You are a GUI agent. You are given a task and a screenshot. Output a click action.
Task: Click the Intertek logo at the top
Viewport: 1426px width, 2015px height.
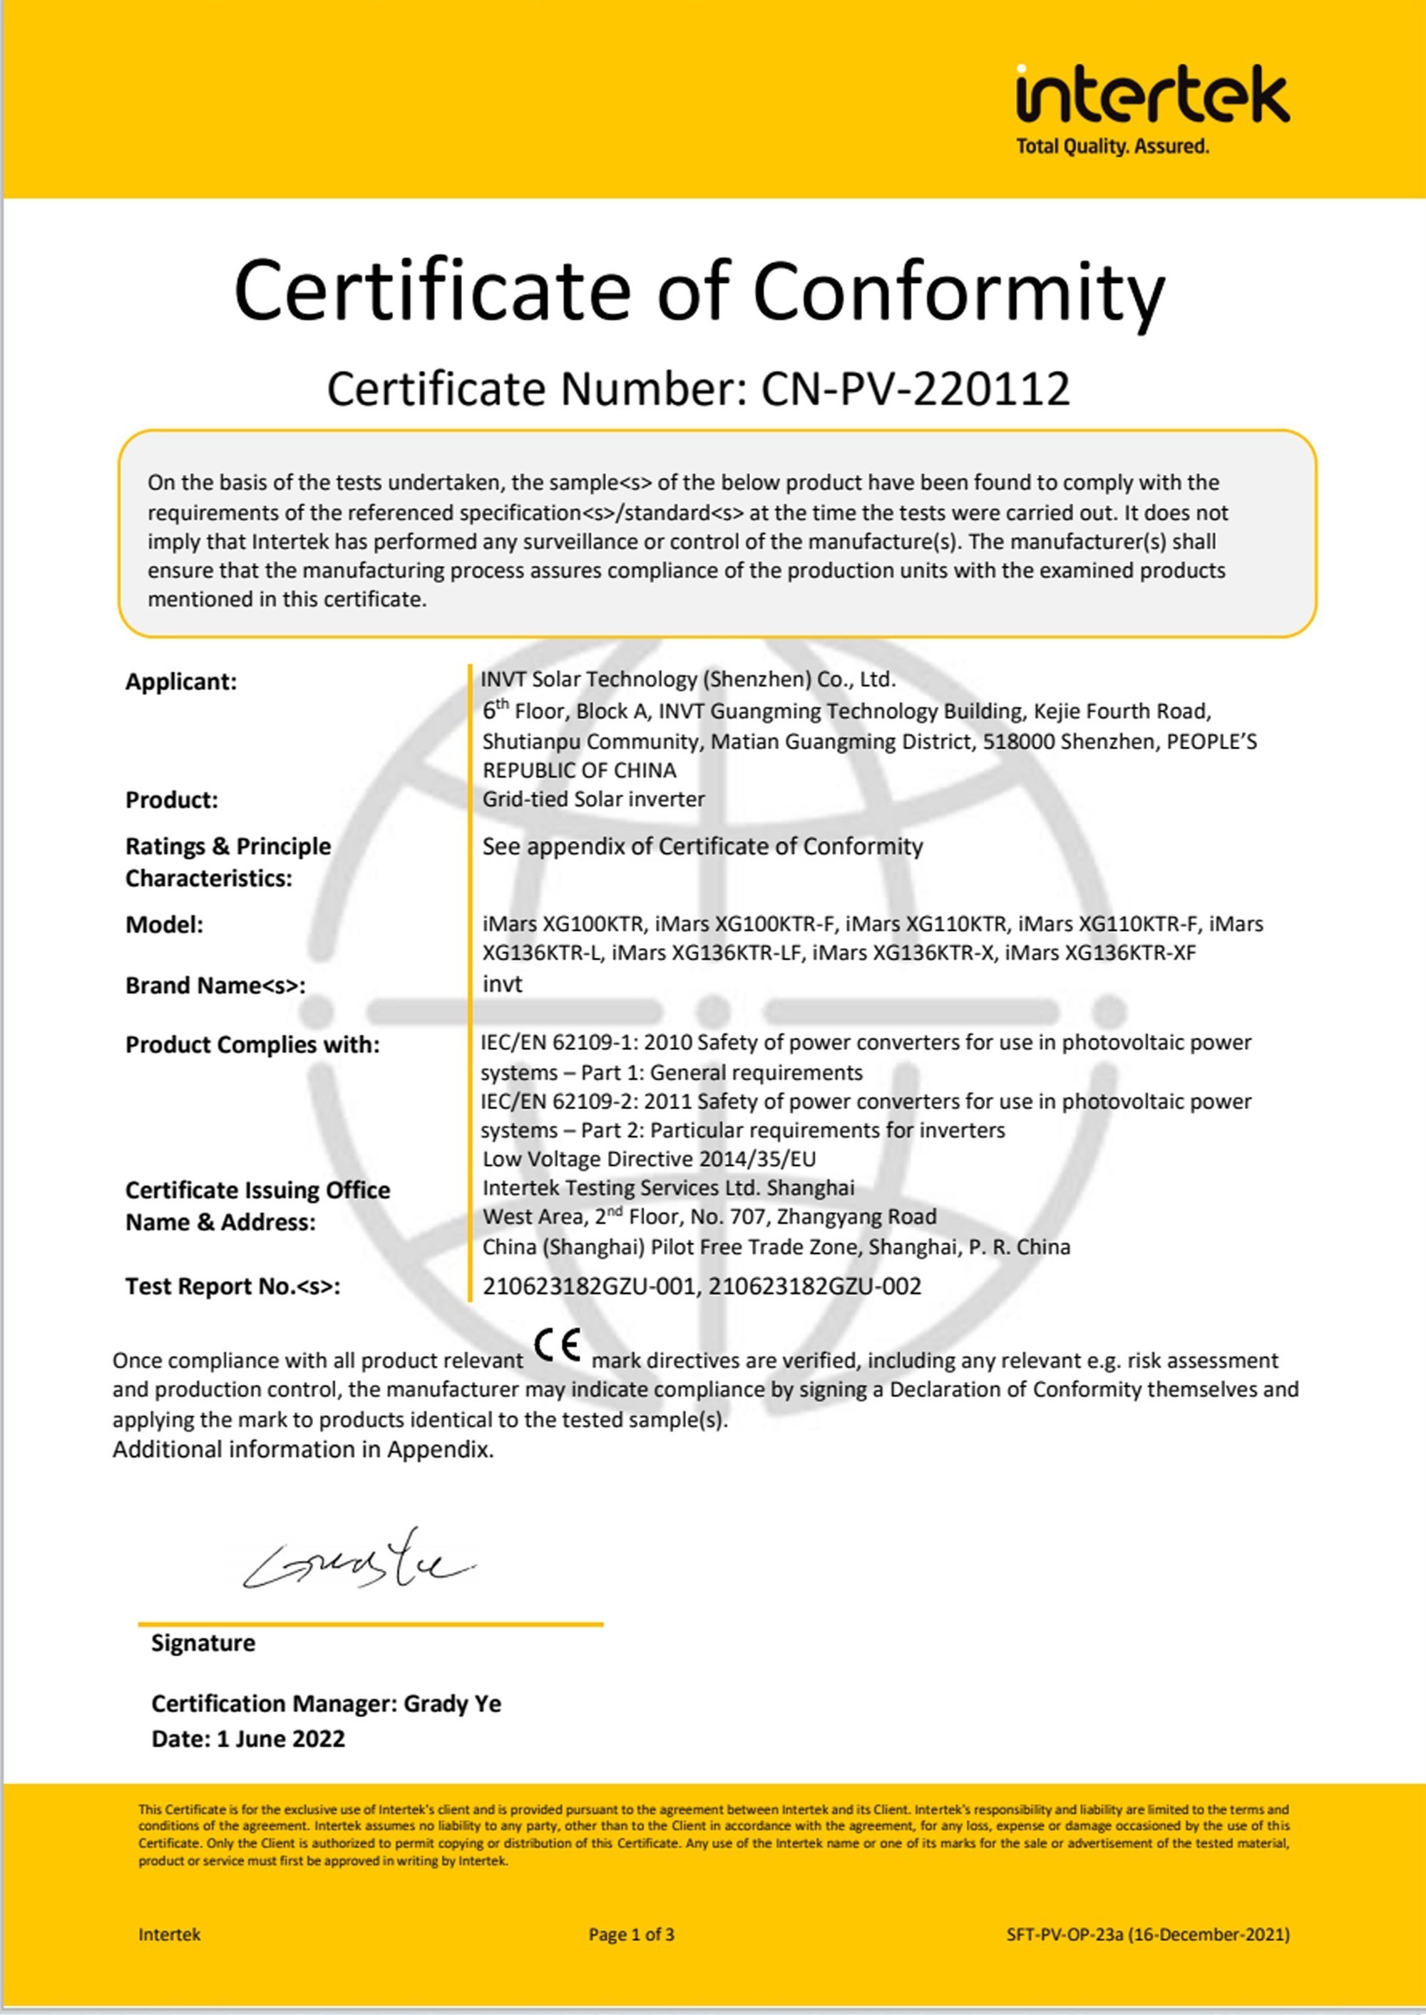pyautogui.click(x=1152, y=95)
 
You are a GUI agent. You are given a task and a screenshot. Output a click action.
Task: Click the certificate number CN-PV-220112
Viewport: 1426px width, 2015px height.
pyautogui.click(x=915, y=388)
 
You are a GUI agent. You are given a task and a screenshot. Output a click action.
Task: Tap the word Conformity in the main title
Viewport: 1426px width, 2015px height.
pyautogui.click(x=958, y=292)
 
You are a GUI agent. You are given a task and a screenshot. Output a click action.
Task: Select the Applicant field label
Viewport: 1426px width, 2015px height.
pyautogui.click(x=181, y=682)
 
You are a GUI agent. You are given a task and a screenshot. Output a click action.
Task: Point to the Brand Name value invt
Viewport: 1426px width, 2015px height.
pyautogui.click(x=502, y=984)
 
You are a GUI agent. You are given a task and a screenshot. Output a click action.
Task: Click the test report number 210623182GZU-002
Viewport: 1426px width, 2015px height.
pyautogui.click(x=815, y=1287)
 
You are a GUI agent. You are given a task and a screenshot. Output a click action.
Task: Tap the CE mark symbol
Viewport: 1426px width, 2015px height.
pyautogui.click(x=558, y=1346)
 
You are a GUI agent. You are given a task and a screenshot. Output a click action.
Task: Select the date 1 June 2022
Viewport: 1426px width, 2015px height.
pyautogui.click(x=280, y=1738)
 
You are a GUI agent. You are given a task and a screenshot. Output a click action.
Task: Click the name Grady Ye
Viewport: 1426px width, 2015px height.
pyautogui.click(x=452, y=1704)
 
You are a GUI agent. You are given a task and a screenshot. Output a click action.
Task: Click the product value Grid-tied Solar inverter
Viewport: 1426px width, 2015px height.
pyautogui.click(x=594, y=800)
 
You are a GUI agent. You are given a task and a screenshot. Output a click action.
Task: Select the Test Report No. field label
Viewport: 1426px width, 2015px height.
pyautogui.click(x=232, y=1287)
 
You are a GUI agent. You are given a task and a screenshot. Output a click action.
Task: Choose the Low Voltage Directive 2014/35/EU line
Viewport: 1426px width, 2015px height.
pyautogui.click(x=649, y=1158)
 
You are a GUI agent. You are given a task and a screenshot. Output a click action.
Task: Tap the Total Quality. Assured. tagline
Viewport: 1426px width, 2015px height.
pyautogui.click(x=1112, y=147)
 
